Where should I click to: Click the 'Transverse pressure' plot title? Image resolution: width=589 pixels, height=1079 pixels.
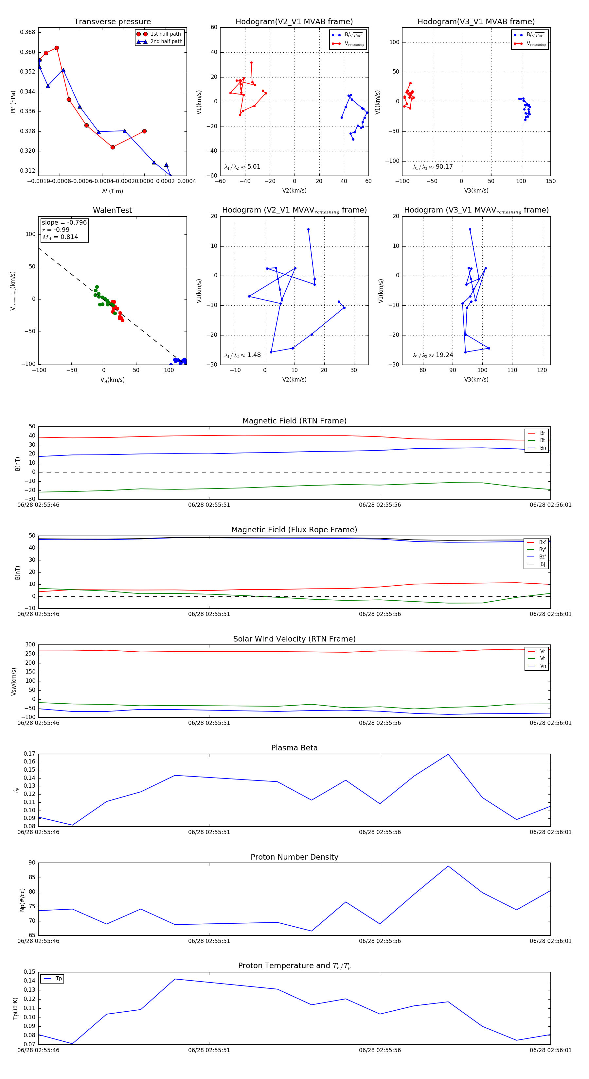tap(112, 22)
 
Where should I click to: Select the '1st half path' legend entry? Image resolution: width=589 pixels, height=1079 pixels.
tap(165, 34)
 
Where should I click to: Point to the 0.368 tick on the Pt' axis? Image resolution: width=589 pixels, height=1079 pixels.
tap(28, 32)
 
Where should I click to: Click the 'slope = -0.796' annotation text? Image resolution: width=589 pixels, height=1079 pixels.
tap(64, 222)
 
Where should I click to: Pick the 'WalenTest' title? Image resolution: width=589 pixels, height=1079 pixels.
tap(112, 210)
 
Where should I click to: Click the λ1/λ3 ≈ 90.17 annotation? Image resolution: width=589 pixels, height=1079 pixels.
tap(433, 167)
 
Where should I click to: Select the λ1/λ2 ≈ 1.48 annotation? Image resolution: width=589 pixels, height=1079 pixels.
tap(242, 355)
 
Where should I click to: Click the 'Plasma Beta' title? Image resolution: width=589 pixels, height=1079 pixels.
tap(294, 748)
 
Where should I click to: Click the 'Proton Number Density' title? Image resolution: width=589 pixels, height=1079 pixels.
tap(294, 857)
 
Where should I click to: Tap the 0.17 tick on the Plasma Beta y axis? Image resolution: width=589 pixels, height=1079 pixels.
tap(29, 754)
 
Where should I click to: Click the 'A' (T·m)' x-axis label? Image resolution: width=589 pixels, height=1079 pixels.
tap(112, 191)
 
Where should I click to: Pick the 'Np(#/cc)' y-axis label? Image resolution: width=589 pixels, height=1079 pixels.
tap(23, 900)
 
